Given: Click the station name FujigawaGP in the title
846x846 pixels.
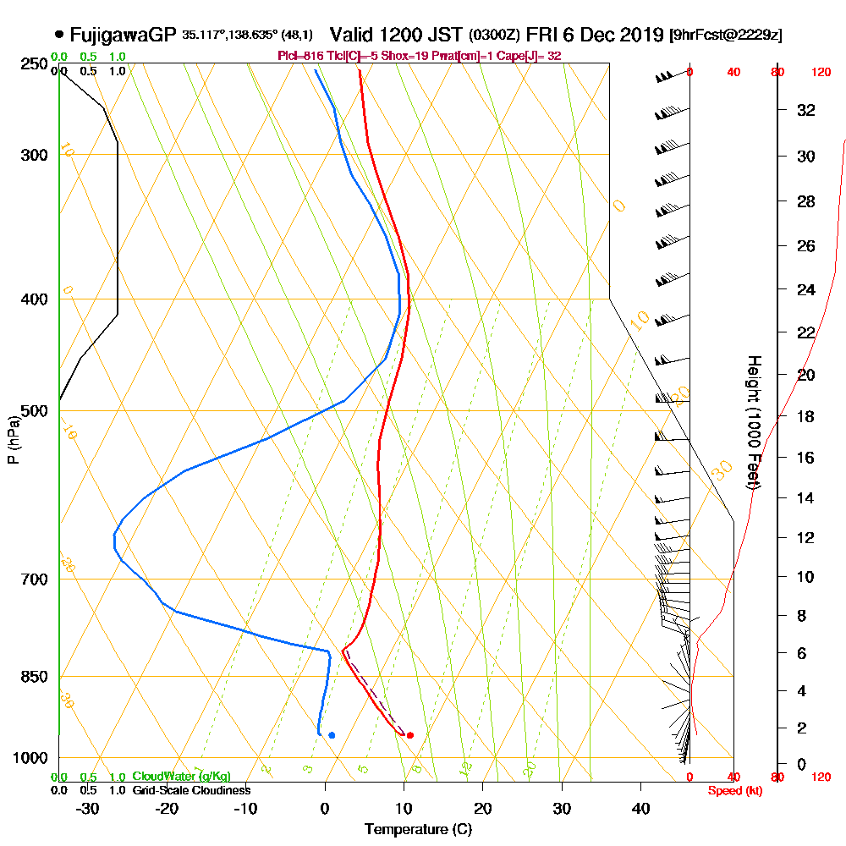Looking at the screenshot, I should pos(123,35).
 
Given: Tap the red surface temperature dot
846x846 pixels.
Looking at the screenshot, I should pos(410,735).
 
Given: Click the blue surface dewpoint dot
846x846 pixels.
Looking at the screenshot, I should pos(332,735).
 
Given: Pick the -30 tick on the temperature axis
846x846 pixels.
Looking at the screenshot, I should pos(87,809).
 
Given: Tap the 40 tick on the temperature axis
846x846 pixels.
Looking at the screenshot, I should pos(640,809).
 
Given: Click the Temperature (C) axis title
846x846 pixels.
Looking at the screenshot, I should pos(418,829).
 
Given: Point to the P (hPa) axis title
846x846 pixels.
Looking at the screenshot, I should pos(13,440).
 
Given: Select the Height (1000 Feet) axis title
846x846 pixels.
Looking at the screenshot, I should pos(752,422).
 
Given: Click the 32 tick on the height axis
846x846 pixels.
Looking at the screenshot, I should pos(806,110).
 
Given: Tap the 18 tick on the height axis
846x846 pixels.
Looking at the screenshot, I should pos(806,416).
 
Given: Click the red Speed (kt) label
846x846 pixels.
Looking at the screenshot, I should pos(733,791).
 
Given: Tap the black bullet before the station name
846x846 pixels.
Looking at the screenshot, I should pos(58,35).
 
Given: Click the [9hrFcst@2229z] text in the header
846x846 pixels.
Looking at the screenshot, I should pos(725,36).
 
